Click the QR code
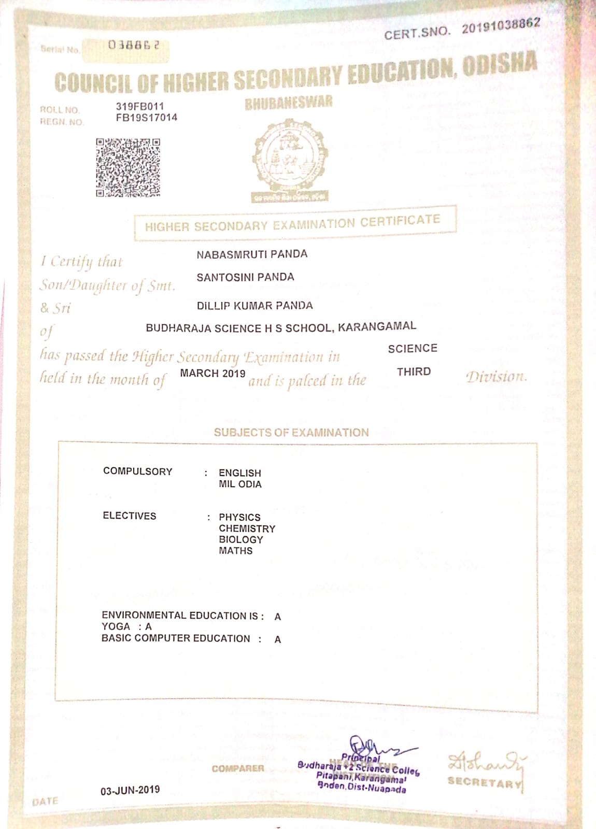(127, 167)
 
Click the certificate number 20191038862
(501, 25)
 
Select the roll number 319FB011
(140, 106)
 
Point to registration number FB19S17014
(147, 118)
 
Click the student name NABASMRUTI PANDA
(252, 254)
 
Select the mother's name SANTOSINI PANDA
(245, 277)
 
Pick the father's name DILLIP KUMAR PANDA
(254, 306)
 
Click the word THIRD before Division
(414, 371)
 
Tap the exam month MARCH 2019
(212, 373)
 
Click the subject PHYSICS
(239, 517)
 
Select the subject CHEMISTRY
(247, 528)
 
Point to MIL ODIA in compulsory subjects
(240, 484)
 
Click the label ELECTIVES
(129, 516)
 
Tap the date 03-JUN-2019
(130, 790)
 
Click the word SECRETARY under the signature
(485, 782)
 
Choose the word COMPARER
(238, 768)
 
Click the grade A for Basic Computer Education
(278, 639)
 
